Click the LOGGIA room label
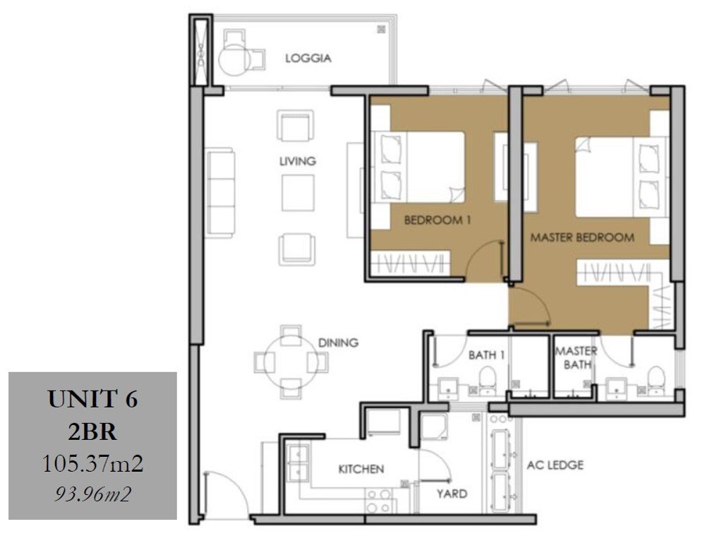(x=308, y=58)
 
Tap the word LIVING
(x=298, y=161)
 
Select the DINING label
(x=338, y=343)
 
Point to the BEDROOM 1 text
(x=437, y=220)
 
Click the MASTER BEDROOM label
(x=582, y=237)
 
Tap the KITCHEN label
(x=361, y=469)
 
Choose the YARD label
(x=452, y=494)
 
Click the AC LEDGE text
(x=555, y=465)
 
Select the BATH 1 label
(x=487, y=355)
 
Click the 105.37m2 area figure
(x=92, y=463)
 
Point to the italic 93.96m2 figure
(x=92, y=494)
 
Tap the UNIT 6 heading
(x=92, y=399)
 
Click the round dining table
(x=291, y=362)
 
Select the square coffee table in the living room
(x=298, y=193)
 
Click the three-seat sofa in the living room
(x=220, y=193)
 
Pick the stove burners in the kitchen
(x=379, y=501)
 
